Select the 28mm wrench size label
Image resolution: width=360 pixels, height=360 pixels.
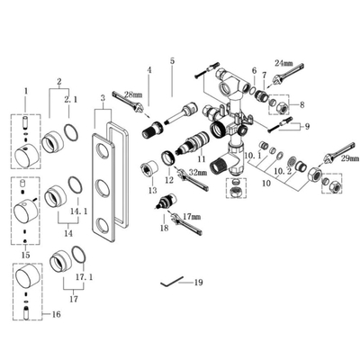pyautogui.click(x=132, y=94)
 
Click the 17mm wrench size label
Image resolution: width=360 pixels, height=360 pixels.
pyautogui.click(x=192, y=217)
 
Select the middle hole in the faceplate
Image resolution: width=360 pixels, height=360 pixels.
pyautogui.click(x=106, y=188)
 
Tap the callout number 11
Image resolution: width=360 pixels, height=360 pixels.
pyautogui.click(x=202, y=158)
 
